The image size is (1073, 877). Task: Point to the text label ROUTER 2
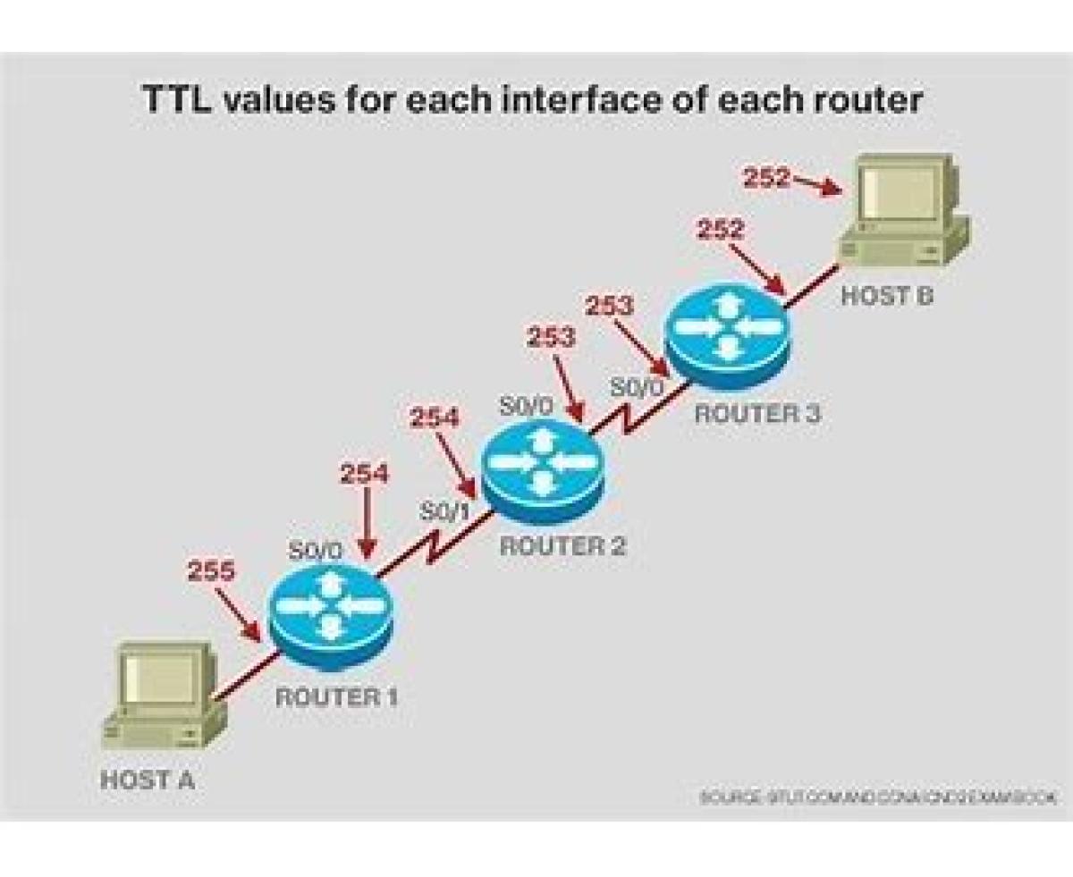(x=562, y=546)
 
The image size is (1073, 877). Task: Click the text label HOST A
(x=147, y=779)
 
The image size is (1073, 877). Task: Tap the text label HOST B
(x=886, y=296)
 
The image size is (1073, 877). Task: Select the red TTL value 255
(x=212, y=570)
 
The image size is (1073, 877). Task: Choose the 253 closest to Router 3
(x=609, y=306)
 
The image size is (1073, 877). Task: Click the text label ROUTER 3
(x=757, y=414)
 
